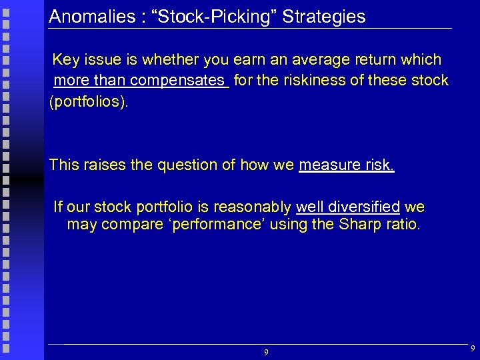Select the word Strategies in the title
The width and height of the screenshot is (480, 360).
[324, 17]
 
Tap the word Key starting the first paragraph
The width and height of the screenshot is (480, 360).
[66, 60]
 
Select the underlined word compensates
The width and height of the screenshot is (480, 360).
[178, 81]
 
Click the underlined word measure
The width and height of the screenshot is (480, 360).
[327, 165]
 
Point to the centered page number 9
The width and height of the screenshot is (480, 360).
[266, 352]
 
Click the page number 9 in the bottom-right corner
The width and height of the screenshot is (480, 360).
[472, 349]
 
